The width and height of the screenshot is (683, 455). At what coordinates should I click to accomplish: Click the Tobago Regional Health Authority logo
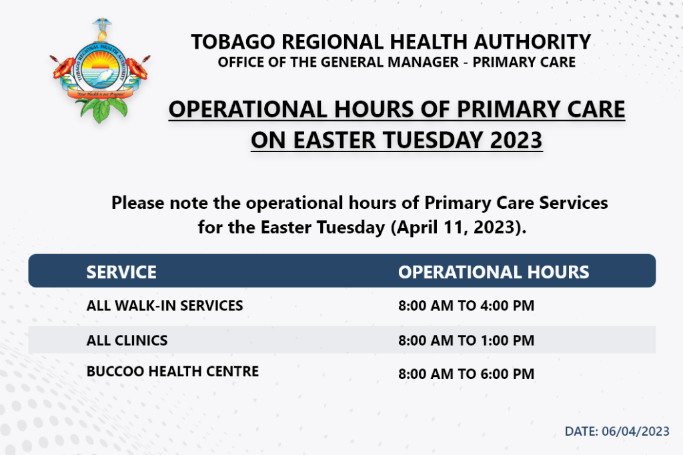coord(100,71)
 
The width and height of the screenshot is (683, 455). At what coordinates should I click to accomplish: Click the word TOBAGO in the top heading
coord(233,42)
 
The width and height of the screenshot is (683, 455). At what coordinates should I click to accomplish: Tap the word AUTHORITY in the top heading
coord(532,42)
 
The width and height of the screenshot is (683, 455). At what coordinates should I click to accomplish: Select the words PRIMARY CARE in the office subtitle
coord(524,62)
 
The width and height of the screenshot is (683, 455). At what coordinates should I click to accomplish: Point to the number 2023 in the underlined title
coord(516,140)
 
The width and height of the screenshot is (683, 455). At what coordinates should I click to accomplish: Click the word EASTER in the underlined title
coord(334,140)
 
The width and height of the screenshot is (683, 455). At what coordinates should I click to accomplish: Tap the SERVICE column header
coord(121,272)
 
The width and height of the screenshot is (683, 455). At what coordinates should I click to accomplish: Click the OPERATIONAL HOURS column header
coord(494,272)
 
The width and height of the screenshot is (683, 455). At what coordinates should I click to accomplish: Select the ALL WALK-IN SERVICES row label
coord(165,306)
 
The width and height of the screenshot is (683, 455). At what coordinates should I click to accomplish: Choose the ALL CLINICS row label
coord(127,340)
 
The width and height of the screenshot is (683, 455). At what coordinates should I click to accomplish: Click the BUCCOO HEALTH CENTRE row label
coord(173,372)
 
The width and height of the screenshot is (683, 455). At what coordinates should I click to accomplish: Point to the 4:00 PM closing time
coord(507,306)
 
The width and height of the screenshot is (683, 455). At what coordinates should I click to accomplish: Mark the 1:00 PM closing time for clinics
coord(507,340)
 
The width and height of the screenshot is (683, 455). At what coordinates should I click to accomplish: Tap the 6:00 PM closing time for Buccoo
coord(507,374)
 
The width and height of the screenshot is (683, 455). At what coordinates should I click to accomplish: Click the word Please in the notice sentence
coord(137,203)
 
